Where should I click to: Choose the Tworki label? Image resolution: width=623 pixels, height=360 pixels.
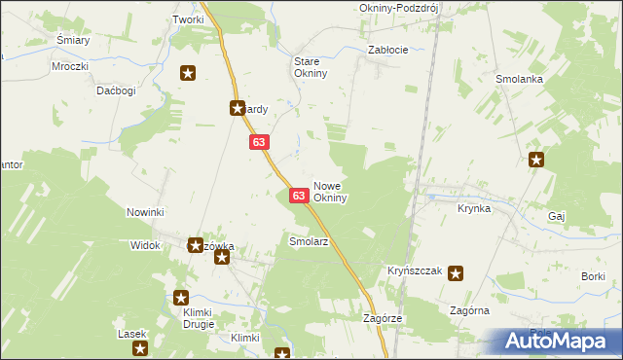coord(188,19)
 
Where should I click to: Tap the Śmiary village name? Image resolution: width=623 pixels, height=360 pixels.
coord(73,40)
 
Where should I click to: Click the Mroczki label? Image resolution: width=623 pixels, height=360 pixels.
coord(71,66)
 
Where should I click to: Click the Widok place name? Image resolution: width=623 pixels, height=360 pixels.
coord(144,246)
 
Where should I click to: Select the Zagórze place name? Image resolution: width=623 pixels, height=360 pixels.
coord(383,318)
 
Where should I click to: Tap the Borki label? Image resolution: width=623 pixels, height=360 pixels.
coord(594,277)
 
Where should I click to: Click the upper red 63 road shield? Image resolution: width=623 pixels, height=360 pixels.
coord(258,142)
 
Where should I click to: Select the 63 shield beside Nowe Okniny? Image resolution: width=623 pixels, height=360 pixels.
coord(300,197)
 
